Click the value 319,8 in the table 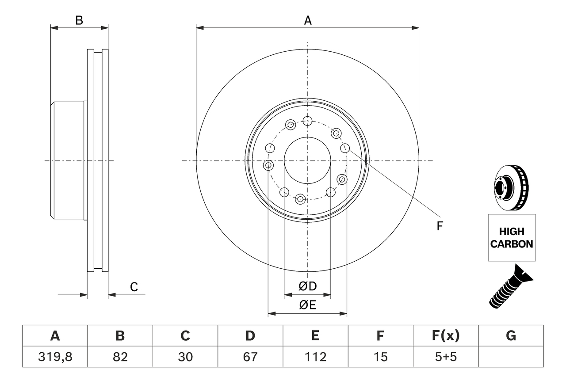[x=55, y=357]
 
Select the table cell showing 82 [x=120, y=357]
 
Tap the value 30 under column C [x=185, y=357]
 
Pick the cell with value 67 [x=250, y=357]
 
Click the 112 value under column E [x=315, y=357]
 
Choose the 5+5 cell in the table [x=445, y=357]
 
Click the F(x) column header [x=445, y=336]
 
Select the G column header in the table [x=511, y=336]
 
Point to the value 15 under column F [x=380, y=357]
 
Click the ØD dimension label [x=308, y=286]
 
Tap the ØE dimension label [x=308, y=305]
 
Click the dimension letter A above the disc [x=308, y=20]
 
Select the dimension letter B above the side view [x=79, y=20]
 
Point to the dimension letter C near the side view [x=134, y=287]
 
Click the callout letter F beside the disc [x=440, y=226]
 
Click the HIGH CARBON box [x=512, y=238]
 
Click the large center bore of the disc [x=307, y=160]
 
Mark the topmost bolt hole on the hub [x=308, y=120]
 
